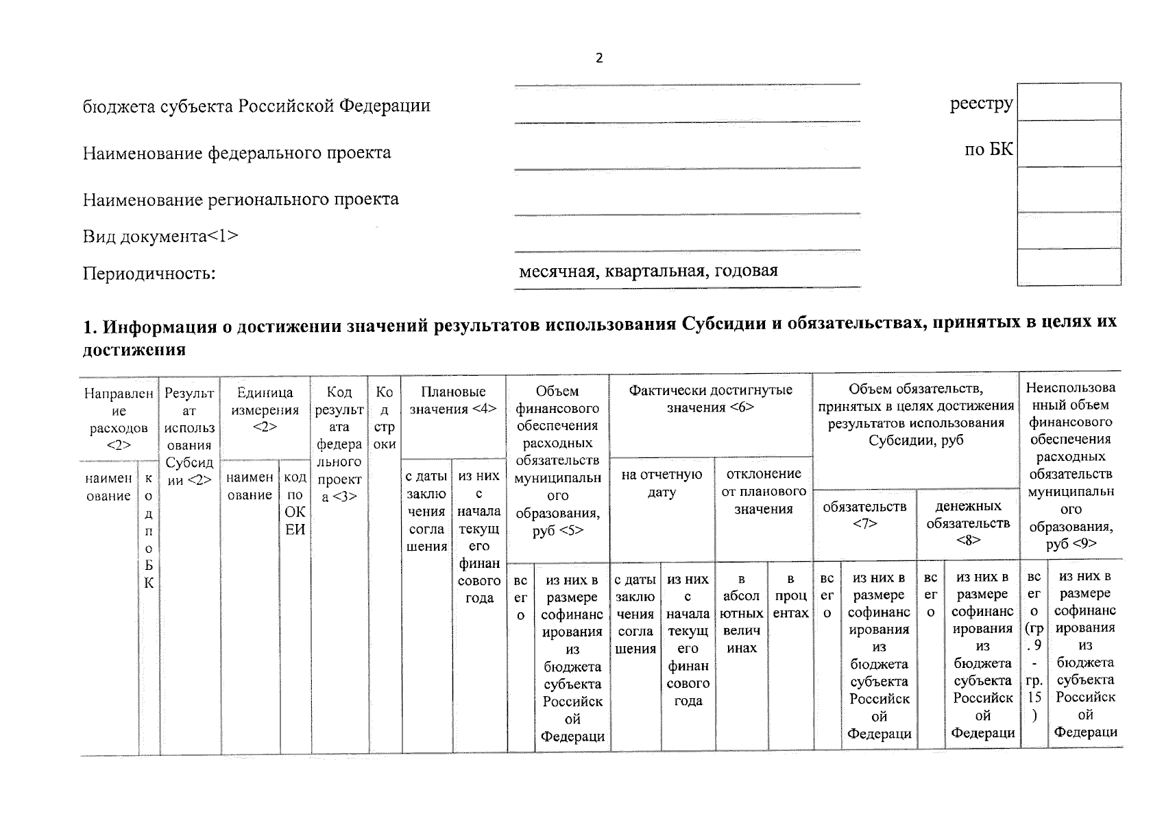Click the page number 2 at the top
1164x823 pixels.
[x=599, y=58]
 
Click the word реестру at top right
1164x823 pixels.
[x=981, y=104]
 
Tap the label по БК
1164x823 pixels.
[x=989, y=150]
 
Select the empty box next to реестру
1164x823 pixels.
[x=1069, y=102]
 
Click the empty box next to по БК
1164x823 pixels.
[x=1069, y=143]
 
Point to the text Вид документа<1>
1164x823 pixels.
[x=161, y=237]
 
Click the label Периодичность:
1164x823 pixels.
[x=149, y=274]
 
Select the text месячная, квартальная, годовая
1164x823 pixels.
[x=648, y=270]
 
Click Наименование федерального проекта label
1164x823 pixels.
[x=237, y=152]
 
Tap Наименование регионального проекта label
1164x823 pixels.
[x=241, y=200]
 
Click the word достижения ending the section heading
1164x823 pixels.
[x=134, y=350]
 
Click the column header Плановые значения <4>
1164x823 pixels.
[x=453, y=401]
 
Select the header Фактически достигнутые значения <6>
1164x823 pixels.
[x=710, y=399]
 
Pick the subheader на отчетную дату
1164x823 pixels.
[x=662, y=484]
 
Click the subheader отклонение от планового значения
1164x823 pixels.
[x=763, y=491]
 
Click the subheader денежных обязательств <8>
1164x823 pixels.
[x=968, y=523]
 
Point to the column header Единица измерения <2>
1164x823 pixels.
[x=265, y=409]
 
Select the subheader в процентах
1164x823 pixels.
[x=790, y=596]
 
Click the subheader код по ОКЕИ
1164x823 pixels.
[x=295, y=503]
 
